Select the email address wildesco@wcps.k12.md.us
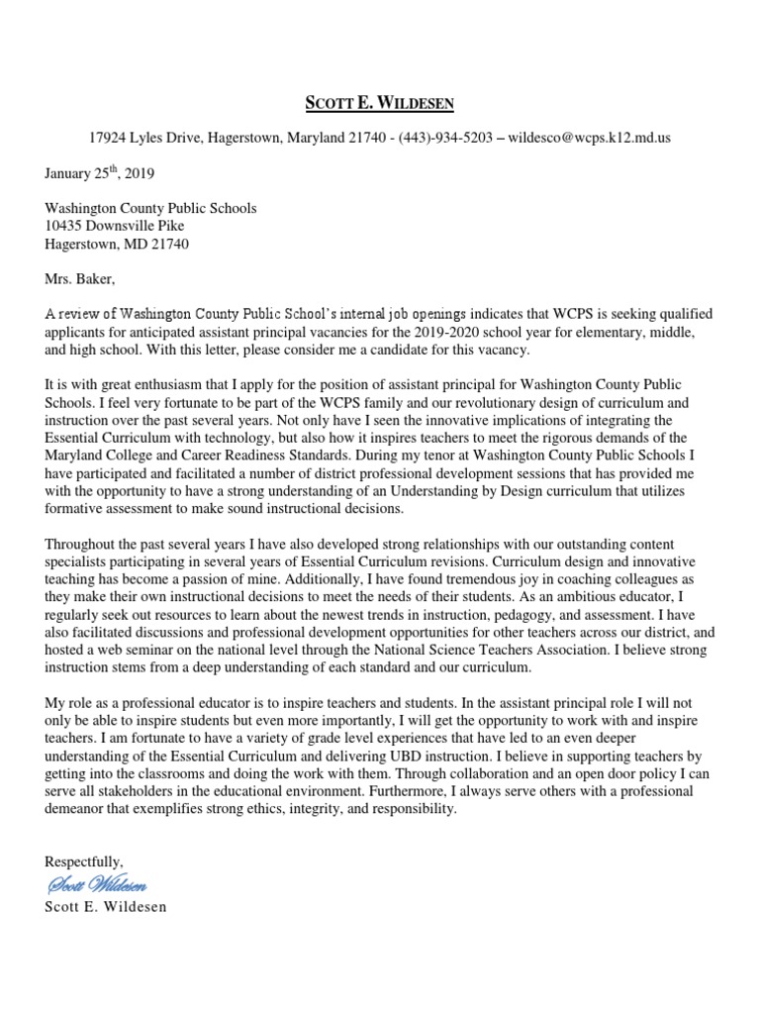pos(589,138)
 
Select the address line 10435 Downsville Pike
pos(114,226)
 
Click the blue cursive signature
pos(96,884)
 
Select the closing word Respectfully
pos(84,862)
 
